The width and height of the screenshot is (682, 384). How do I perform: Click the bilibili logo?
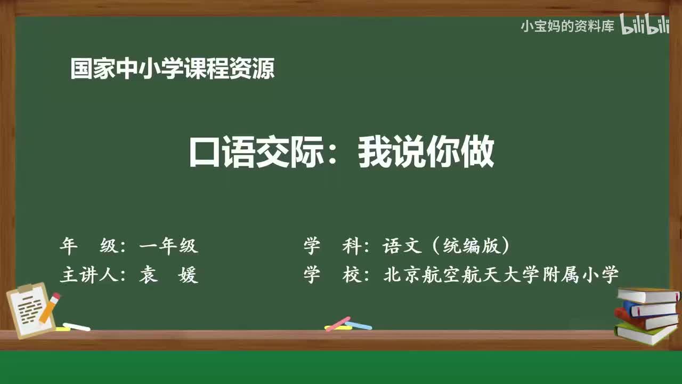[x=645, y=25]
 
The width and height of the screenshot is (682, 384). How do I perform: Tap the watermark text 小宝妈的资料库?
[x=567, y=26]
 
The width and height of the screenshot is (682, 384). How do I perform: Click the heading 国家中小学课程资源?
[x=173, y=69]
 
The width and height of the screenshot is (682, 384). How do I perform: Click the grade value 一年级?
[x=168, y=246]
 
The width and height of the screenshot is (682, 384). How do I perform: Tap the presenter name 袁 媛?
[x=168, y=275]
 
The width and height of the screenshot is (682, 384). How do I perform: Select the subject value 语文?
[x=402, y=246]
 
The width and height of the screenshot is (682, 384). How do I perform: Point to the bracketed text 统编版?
[x=468, y=246]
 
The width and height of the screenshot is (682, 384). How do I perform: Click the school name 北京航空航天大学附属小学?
[x=501, y=275]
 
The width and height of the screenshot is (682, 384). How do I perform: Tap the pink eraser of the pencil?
[x=56, y=297]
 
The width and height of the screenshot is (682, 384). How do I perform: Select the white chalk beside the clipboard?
[x=77, y=326]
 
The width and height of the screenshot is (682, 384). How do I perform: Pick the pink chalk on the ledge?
[x=338, y=323]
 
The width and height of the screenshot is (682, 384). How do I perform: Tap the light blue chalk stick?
[x=359, y=325]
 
